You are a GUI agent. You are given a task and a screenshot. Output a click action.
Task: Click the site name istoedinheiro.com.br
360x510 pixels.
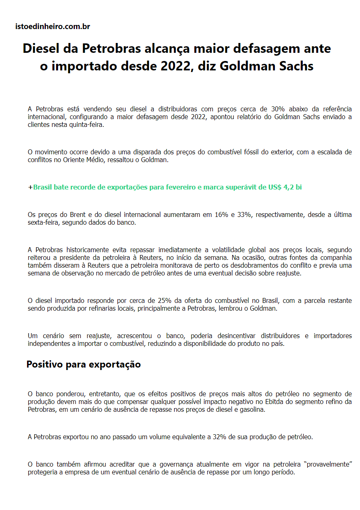click(x=52, y=27)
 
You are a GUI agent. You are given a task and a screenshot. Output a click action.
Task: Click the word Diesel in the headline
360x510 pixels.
click(x=39, y=49)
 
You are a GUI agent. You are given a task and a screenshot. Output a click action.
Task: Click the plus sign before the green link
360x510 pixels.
click(x=30, y=187)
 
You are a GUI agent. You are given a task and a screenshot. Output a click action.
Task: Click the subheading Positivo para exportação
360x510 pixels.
click(x=83, y=364)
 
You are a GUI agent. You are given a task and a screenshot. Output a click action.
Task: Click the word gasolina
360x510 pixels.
click(x=249, y=410)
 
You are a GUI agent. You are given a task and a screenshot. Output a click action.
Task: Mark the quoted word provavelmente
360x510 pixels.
click(x=328, y=465)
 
